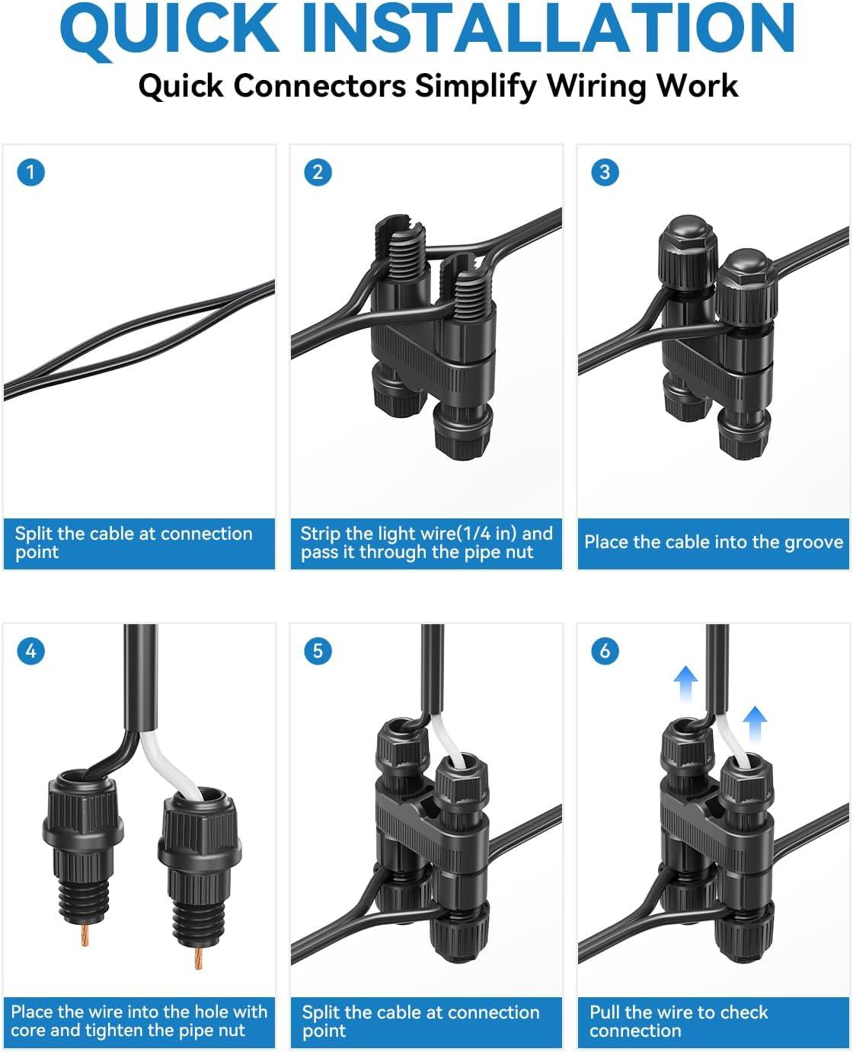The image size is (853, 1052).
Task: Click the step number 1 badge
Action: (30, 172)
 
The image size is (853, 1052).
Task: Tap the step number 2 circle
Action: (318, 172)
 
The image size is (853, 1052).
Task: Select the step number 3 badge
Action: (605, 172)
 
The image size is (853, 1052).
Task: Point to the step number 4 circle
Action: (30, 651)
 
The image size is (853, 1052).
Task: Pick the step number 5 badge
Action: (318, 651)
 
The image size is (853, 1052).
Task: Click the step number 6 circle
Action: (605, 651)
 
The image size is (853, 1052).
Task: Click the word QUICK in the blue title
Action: (170, 30)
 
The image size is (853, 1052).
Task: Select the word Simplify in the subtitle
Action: (475, 87)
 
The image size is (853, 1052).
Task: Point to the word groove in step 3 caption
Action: (813, 543)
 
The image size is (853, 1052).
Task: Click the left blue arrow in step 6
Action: (686, 684)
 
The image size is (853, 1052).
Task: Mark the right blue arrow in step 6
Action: (756, 725)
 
